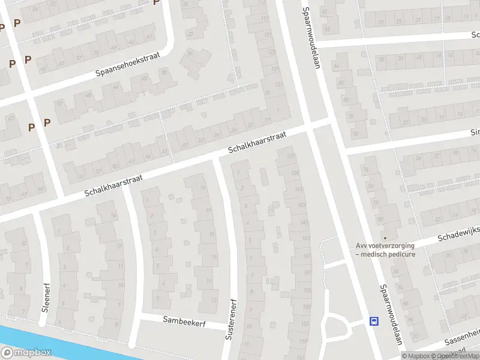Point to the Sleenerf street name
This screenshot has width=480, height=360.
pyautogui.click(x=45, y=295)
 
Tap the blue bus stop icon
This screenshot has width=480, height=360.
pyautogui.click(x=374, y=321)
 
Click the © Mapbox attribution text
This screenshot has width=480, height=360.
pyautogui.click(x=418, y=356)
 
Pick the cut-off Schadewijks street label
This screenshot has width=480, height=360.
pyautogui.click(x=459, y=236)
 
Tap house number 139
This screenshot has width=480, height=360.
pyautogui.click(x=295, y=173)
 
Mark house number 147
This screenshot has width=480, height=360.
pyautogui.click(x=305, y=239)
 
